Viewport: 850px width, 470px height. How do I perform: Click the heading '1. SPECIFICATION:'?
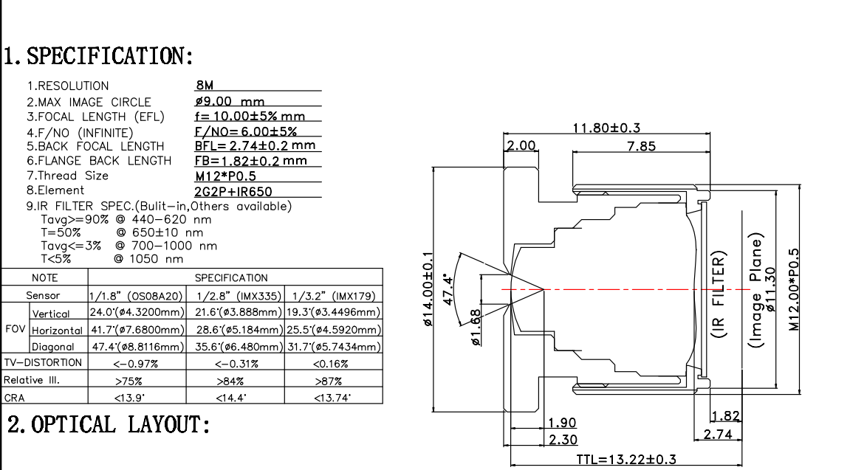[x=100, y=56]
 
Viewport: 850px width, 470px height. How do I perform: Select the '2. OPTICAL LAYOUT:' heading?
[x=109, y=425]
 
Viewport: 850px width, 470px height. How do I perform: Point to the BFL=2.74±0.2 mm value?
[x=255, y=145]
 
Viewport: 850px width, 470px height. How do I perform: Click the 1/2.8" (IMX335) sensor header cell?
[x=234, y=296]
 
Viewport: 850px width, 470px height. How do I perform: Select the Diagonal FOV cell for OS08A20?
[x=137, y=347]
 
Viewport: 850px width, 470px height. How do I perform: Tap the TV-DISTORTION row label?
[x=42, y=363]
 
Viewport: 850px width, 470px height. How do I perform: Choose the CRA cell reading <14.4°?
[x=234, y=398]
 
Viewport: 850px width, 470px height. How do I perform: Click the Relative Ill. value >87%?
[x=333, y=381]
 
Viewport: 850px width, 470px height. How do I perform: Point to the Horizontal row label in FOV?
[x=58, y=330]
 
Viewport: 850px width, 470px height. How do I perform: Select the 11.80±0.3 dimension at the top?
[x=606, y=128]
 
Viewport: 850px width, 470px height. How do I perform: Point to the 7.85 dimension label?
[x=640, y=147]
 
